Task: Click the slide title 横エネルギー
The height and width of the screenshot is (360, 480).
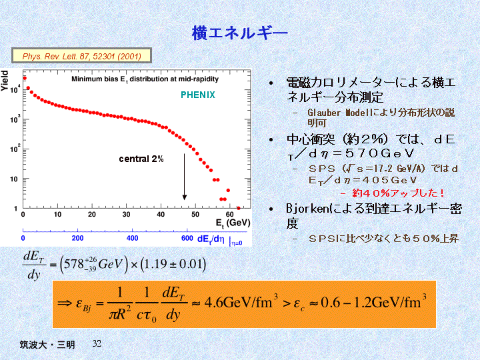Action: tap(240, 31)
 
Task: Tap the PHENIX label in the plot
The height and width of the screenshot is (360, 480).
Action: tap(198, 95)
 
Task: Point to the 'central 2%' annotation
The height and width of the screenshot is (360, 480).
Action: tap(141, 159)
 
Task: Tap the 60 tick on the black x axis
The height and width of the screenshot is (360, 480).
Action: tap(229, 214)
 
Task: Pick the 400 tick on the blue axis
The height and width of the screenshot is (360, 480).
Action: tap(133, 238)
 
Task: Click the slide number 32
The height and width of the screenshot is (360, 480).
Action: tap(97, 343)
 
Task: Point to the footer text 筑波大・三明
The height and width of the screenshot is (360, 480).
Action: tap(47, 344)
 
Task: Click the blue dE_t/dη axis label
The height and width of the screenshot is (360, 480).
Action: tap(211, 239)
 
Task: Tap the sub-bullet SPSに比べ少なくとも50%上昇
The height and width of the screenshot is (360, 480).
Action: tap(383, 238)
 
